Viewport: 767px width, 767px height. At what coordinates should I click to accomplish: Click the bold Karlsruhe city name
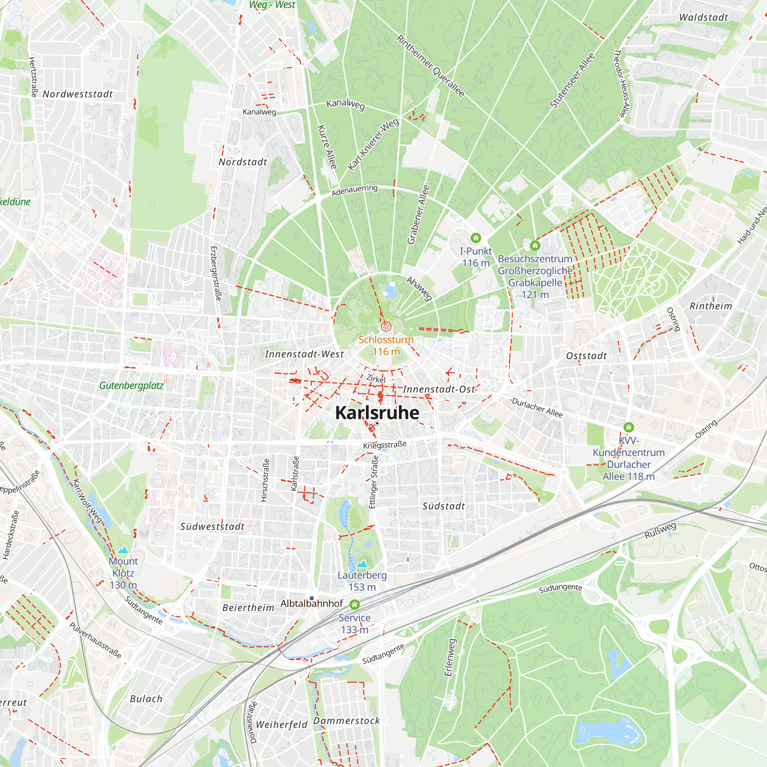click(x=377, y=413)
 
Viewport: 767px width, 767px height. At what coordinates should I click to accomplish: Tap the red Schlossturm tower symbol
click(x=386, y=327)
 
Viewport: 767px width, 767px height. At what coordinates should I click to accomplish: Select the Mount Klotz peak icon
click(x=123, y=550)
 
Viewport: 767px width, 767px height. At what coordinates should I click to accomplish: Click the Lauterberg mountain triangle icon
click(x=362, y=564)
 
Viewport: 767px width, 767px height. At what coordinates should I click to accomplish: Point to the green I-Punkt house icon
click(x=476, y=238)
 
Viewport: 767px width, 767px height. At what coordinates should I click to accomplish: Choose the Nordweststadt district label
click(x=78, y=94)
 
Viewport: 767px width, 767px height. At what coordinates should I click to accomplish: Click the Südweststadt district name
click(x=212, y=527)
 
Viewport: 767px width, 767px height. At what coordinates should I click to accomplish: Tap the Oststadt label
click(x=586, y=356)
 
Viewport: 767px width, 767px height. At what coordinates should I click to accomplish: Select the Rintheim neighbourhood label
click(x=711, y=306)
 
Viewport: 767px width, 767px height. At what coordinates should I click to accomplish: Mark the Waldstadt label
click(x=703, y=18)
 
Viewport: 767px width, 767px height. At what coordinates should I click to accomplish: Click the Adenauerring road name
click(x=354, y=190)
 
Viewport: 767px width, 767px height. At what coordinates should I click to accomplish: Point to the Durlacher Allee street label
click(x=537, y=407)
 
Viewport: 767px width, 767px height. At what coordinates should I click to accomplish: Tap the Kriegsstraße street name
click(x=385, y=445)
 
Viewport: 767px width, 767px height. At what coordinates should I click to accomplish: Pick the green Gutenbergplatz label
click(x=132, y=385)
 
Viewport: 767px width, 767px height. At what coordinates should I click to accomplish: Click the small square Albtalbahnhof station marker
click(x=312, y=598)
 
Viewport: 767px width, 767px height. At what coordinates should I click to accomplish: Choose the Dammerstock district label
click(x=347, y=721)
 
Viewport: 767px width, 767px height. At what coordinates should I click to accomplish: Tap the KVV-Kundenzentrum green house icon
click(x=629, y=427)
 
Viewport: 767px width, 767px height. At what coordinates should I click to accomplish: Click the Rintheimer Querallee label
click(x=430, y=66)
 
